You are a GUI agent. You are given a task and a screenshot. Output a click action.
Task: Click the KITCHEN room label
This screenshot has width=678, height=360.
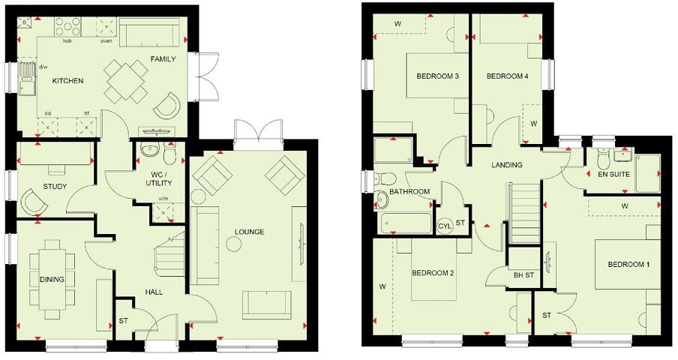click(x=67, y=81)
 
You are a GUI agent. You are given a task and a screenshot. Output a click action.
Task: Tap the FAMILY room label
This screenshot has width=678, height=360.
click(x=163, y=58)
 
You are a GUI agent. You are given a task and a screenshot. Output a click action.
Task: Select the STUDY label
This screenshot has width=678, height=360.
click(x=55, y=187)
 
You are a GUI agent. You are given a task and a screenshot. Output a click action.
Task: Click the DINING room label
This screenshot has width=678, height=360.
click(x=52, y=280)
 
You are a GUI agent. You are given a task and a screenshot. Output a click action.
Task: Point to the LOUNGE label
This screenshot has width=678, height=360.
click(x=248, y=232)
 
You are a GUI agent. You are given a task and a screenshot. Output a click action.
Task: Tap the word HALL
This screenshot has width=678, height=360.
click(x=154, y=292)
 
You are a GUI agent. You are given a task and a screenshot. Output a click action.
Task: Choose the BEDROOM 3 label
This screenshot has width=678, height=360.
click(x=437, y=76)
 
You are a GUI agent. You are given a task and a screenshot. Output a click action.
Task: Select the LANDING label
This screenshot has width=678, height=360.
click(x=507, y=165)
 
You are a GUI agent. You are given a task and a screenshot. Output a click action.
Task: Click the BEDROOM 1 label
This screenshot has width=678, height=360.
click(x=629, y=264)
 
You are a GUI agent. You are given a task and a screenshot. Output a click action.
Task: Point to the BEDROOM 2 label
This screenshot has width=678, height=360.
click(x=433, y=273)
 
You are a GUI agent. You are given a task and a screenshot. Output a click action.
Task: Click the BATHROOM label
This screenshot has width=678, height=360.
click(x=409, y=192)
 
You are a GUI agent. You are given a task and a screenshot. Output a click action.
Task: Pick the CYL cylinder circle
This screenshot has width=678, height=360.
click(x=444, y=224)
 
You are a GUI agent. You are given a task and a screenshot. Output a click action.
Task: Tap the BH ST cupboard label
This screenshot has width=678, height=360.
click(x=523, y=275)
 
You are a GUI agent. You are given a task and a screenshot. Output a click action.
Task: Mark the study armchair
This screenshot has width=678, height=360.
click(x=33, y=202)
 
